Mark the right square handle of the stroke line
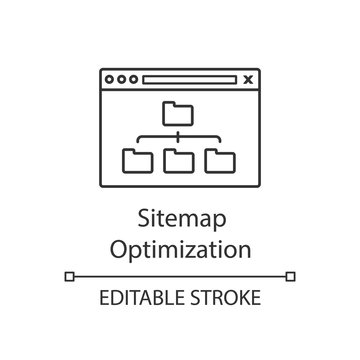coord(289,273)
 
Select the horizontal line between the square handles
coord(180,273)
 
